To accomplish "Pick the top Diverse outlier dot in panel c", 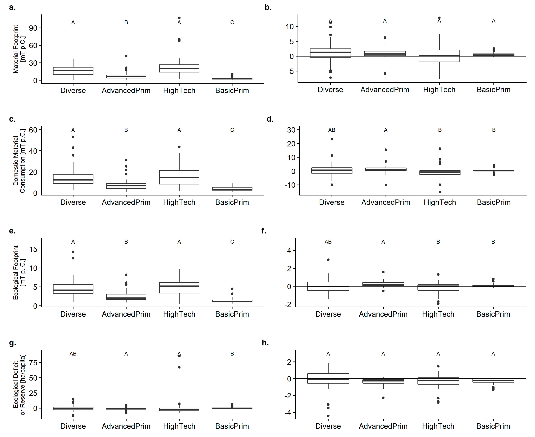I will click(73, 137).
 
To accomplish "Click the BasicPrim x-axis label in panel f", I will click(493, 314).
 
